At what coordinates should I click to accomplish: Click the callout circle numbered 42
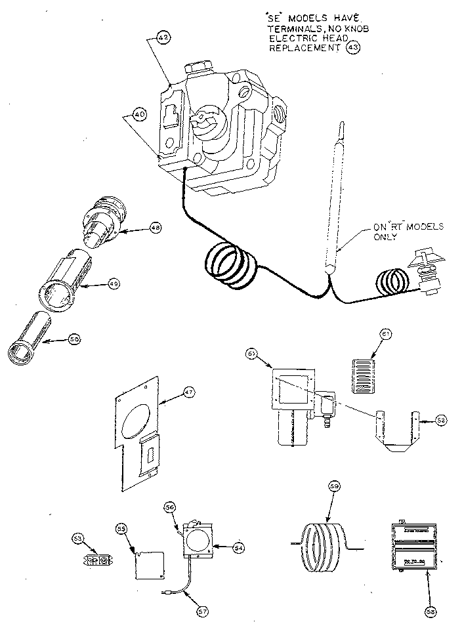tap(163, 38)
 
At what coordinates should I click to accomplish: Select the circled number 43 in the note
tap(353, 49)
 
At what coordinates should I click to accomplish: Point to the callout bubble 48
tap(155, 228)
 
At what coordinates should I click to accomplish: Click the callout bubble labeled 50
tap(75, 339)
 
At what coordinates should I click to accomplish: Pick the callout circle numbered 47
tap(189, 393)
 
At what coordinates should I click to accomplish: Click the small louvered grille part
tap(362, 375)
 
